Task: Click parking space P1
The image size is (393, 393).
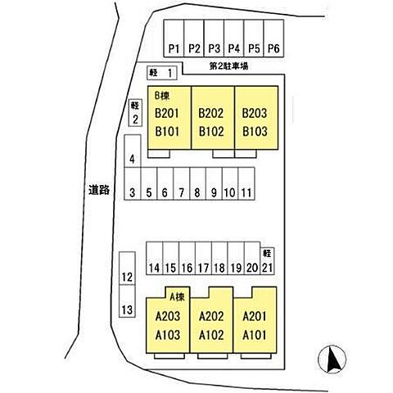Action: [174, 38]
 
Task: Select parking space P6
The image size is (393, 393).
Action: [273, 38]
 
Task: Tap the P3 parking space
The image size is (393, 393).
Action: [214, 38]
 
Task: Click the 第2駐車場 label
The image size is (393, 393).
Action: [228, 66]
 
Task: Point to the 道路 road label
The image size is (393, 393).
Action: [99, 190]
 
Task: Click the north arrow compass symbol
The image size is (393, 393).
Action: [332, 359]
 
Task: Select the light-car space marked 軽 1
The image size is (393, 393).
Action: [162, 73]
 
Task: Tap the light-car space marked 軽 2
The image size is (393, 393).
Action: [135, 112]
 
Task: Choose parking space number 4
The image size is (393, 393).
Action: [133, 151]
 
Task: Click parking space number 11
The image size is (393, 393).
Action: [246, 183]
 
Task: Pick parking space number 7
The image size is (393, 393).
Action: [182, 183]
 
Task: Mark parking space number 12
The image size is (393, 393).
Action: [127, 269]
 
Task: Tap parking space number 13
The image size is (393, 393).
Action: [127, 301]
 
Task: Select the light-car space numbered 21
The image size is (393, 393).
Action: [267, 261]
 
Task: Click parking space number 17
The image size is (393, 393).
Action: [203, 258]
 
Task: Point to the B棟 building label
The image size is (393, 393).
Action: [162, 96]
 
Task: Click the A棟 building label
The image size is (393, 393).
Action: [177, 296]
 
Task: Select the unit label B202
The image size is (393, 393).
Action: [211, 113]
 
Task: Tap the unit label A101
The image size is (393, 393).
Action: [254, 335]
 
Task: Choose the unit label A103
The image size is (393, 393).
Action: [168, 335]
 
